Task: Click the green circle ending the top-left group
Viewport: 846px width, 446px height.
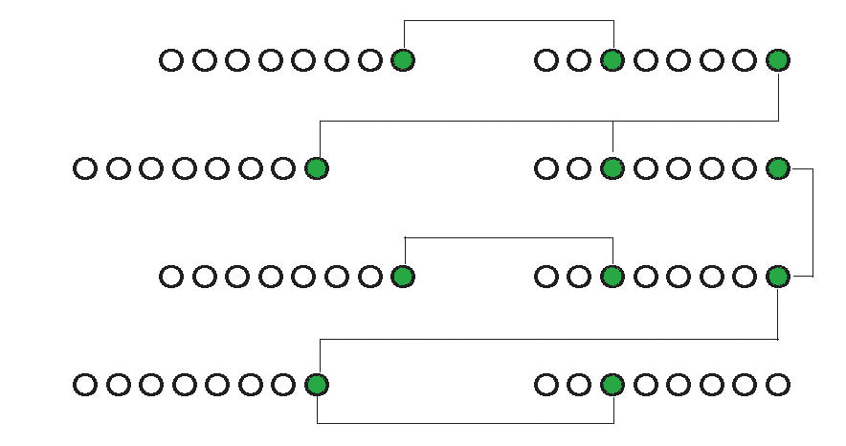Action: click(x=404, y=61)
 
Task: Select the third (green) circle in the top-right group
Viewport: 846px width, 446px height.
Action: click(x=612, y=61)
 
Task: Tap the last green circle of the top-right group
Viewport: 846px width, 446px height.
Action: click(x=777, y=61)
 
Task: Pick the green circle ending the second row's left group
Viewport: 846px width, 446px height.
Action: click(x=316, y=169)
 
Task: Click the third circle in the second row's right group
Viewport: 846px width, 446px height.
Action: click(x=612, y=169)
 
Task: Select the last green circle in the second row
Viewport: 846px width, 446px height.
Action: click(x=777, y=169)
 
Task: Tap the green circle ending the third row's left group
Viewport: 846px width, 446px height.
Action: click(x=404, y=278)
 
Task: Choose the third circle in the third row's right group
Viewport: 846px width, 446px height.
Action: click(x=612, y=278)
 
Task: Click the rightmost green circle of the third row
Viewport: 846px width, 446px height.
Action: click(x=777, y=278)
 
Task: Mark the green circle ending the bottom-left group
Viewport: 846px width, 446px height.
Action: click(x=316, y=386)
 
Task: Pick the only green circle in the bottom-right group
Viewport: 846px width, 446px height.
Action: click(x=612, y=386)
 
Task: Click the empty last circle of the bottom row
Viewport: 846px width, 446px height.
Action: click(x=777, y=386)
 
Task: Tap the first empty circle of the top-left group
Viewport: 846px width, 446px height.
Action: click(x=170, y=61)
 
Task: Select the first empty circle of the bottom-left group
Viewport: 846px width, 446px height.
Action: click(x=85, y=386)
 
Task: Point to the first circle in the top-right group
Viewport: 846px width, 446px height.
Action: click(x=545, y=61)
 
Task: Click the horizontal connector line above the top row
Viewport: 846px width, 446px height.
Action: click(x=508, y=20)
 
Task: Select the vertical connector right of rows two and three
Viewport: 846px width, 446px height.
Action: click(x=813, y=223)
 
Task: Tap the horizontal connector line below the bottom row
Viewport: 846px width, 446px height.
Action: click(x=464, y=423)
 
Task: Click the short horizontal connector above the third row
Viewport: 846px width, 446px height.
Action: click(x=508, y=237)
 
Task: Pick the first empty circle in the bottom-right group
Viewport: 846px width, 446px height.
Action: click(x=545, y=386)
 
